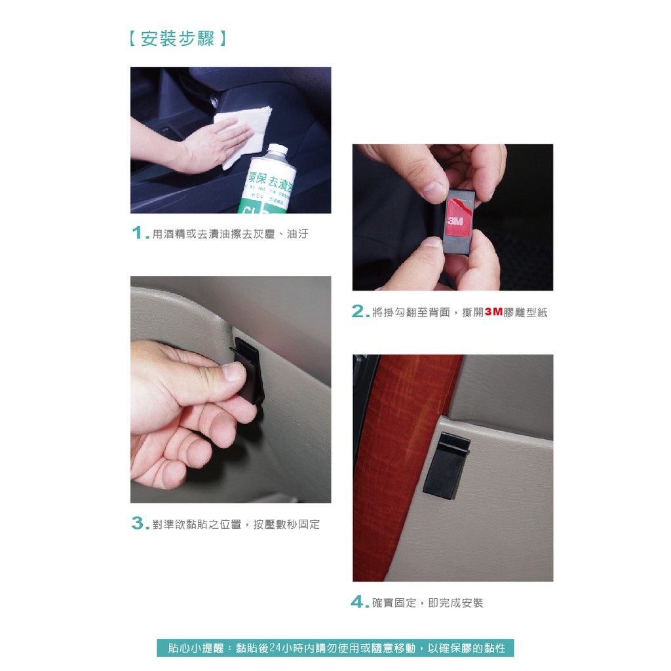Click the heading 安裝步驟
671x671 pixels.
point(177,39)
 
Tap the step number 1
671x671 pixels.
point(138,233)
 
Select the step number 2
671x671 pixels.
point(358,311)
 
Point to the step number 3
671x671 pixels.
point(138,523)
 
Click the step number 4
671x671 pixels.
point(357,602)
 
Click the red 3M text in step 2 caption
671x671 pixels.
point(493,312)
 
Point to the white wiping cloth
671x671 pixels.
point(244,132)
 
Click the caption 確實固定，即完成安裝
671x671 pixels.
point(427,603)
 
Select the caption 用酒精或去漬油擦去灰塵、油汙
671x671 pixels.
point(230,234)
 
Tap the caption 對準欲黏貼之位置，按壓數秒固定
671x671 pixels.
point(236,524)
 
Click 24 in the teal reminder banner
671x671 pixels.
point(275,648)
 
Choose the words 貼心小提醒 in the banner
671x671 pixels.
point(195,648)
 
